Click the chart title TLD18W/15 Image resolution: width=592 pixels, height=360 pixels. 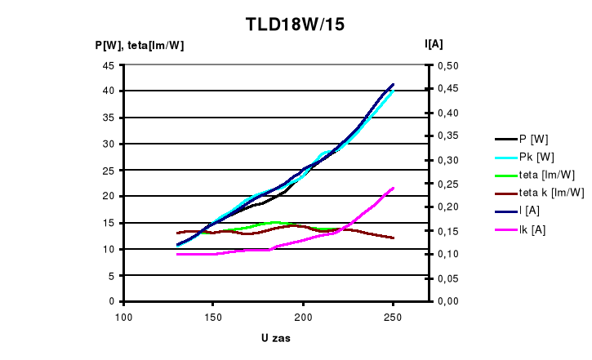pyautogui.click(x=295, y=24)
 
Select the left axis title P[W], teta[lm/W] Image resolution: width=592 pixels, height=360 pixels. pyautogui.click(x=140, y=46)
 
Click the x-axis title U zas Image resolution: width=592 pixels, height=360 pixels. pyautogui.click(x=278, y=338)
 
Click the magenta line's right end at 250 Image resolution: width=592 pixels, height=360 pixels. pyautogui.click(x=394, y=189)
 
